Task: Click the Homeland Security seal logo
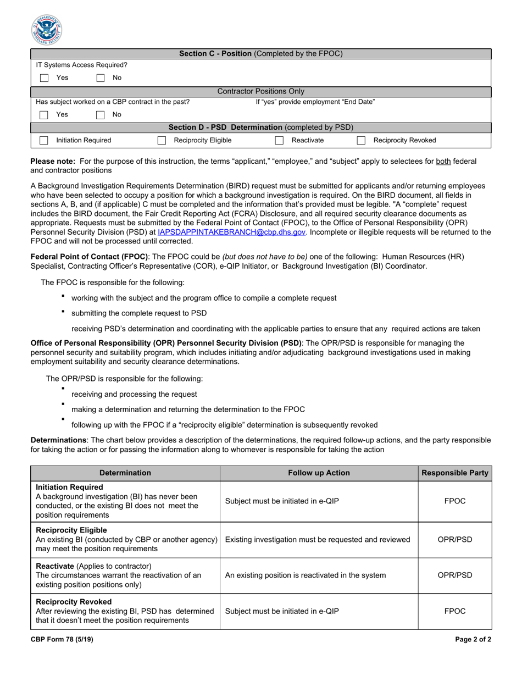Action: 47,29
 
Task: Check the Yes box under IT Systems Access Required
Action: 44,78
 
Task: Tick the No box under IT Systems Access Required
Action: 100,78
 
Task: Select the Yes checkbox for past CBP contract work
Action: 44,115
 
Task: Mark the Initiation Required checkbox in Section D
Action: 44,141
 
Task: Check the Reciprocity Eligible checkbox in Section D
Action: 162,141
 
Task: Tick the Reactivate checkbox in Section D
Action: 279,141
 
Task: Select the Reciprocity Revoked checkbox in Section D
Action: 361,141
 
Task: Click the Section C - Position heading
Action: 261,54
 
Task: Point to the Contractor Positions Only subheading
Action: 261,91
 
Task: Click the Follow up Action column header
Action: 319,473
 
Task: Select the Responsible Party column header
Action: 454,473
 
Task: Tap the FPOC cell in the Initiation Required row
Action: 454,501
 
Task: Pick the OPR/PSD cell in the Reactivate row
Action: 454,575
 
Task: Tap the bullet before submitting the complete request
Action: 63,312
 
